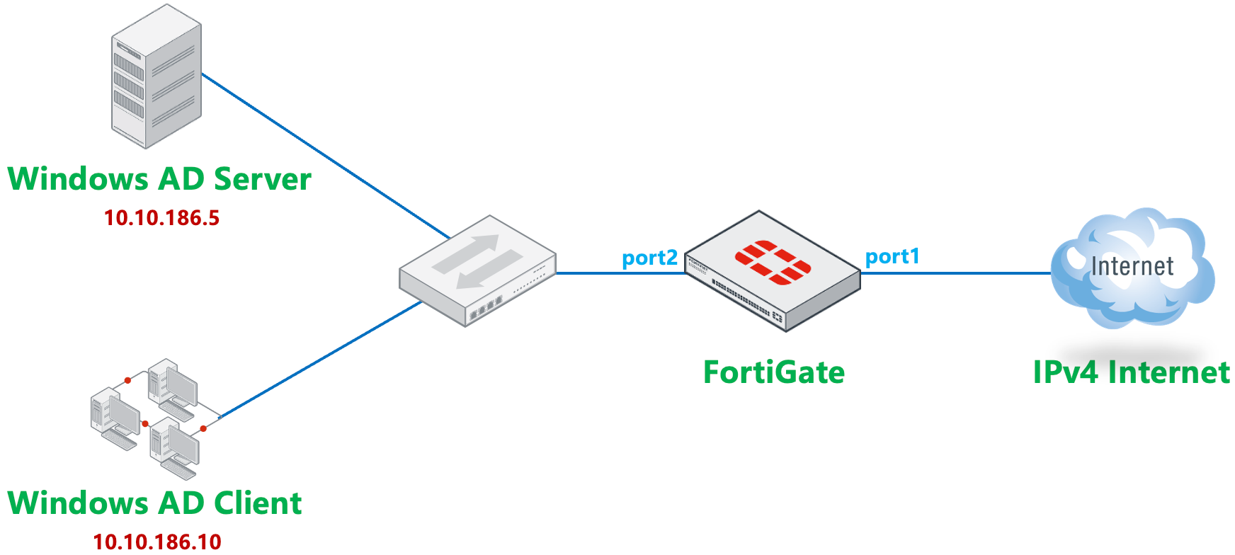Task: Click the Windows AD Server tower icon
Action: tap(156, 77)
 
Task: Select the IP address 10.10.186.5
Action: tap(161, 217)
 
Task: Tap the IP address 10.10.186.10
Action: tap(157, 542)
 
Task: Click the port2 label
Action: tap(649, 258)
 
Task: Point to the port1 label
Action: tap(892, 256)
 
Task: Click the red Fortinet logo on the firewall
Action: tap(773, 263)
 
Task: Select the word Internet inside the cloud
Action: tap(1132, 266)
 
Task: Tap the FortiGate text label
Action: tap(773, 372)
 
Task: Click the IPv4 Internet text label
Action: tap(1131, 372)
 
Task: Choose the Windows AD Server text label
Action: tap(159, 179)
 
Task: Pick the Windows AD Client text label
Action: tap(154, 503)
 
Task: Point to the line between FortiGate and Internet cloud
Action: tap(956, 273)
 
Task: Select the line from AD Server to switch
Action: tap(326, 156)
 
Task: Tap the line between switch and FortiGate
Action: tap(620, 273)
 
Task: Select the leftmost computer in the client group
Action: tap(114, 418)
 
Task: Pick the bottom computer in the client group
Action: tap(174, 448)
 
